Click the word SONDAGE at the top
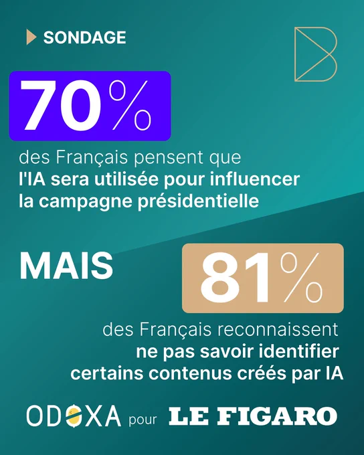click(x=85, y=37)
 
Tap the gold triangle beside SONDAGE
click(x=31, y=37)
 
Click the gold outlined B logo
click(x=316, y=54)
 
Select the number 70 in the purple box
click(x=60, y=105)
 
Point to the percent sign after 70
click(x=130, y=105)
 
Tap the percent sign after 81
click(x=301, y=278)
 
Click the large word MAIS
click(x=66, y=266)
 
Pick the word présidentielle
click(x=198, y=201)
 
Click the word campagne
click(x=86, y=202)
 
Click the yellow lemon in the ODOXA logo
click(x=74, y=416)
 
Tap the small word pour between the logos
click(x=143, y=420)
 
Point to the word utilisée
click(x=126, y=179)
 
